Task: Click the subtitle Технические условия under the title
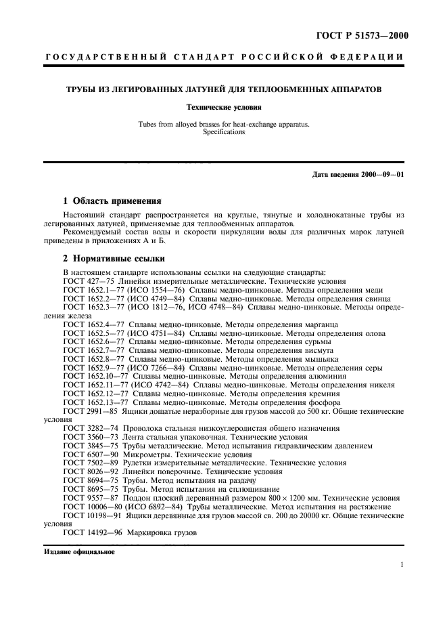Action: [224, 107]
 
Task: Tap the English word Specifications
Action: [224, 132]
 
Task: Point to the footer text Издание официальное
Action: [79, 551]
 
